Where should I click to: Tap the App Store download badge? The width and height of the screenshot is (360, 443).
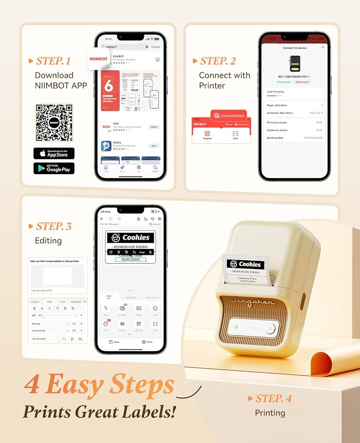click(x=54, y=153)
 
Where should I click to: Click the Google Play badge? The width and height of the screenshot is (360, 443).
click(x=54, y=168)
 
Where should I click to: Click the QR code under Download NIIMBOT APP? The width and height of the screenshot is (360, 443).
click(x=54, y=123)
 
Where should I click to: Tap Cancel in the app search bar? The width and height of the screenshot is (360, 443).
click(x=155, y=47)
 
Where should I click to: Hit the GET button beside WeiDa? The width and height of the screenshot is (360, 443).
click(x=154, y=146)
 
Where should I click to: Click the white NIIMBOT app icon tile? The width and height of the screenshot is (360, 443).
click(x=98, y=58)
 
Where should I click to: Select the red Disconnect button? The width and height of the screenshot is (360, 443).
click(x=302, y=82)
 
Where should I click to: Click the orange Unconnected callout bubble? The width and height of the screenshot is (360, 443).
click(x=228, y=116)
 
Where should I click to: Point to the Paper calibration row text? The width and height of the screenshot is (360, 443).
click(x=277, y=105)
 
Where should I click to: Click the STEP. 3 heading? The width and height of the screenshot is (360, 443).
click(x=54, y=226)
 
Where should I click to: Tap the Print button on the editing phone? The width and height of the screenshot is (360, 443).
click(x=147, y=342)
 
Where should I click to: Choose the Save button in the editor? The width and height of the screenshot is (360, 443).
click(x=114, y=342)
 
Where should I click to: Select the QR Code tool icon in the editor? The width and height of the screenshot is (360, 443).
click(x=139, y=324)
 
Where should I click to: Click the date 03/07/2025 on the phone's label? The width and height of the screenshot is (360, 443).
click(x=130, y=260)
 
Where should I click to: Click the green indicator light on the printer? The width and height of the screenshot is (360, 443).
click(x=236, y=328)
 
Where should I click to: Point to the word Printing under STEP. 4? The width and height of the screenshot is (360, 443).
click(x=270, y=413)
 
